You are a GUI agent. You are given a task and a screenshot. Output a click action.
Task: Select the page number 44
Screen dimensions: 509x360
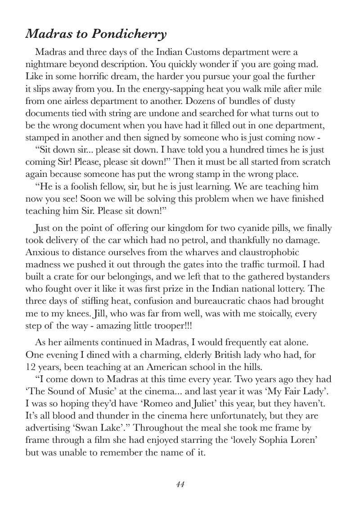click(x=180, y=484)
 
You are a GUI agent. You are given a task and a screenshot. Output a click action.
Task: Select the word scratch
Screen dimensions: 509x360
click(x=315, y=162)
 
